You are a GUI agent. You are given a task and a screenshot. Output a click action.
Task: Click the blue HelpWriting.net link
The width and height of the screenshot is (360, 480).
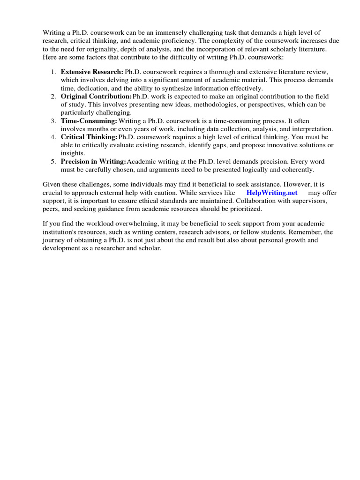(272, 193)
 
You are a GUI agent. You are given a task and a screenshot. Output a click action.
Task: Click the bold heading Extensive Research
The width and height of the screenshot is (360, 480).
(92, 72)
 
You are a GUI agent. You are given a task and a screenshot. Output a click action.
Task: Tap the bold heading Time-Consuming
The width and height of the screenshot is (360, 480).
(89, 120)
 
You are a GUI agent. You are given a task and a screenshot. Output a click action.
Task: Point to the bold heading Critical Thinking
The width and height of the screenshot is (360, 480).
(89, 137)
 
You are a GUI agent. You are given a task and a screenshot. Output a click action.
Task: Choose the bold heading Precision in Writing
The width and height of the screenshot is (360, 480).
(93, 161)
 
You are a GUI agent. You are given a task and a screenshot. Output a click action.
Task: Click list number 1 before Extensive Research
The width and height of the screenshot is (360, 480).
(53, 72)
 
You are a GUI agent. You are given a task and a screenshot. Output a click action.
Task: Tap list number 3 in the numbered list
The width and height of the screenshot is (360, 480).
(53, 120)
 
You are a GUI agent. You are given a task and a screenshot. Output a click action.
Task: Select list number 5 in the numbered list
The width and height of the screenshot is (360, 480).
(53, 161)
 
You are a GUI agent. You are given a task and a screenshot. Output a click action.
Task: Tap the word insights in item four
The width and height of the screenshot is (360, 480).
(73, 153)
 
